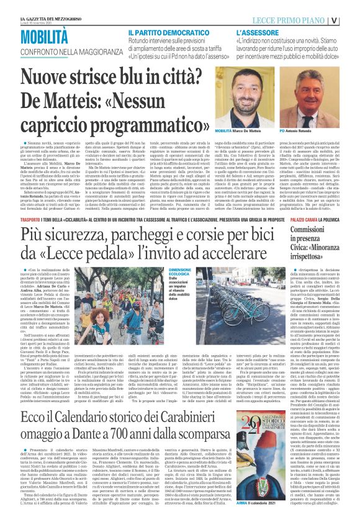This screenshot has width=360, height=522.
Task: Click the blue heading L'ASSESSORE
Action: point(263,32)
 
